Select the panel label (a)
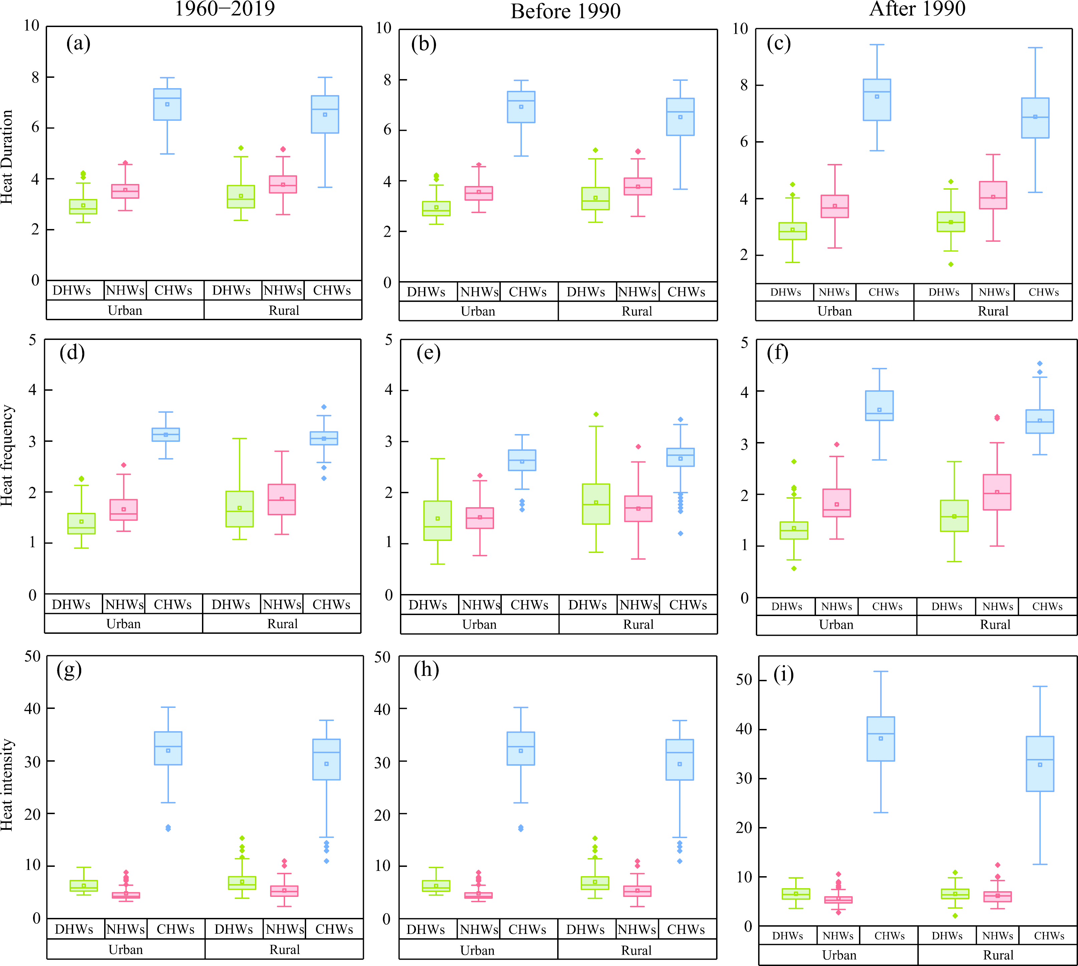[78, 43]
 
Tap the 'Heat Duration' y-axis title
[7, 157]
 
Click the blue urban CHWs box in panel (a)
[167, 105]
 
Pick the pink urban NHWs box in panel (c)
[835, 206]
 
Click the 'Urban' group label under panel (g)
[126, 950]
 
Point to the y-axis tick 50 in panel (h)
[383, 657]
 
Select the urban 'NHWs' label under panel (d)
[124, 605]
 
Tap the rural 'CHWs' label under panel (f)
[1047, 606]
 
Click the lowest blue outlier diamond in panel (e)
[680, 534]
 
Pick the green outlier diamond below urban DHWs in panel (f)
[794, 568]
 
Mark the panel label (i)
[784, 674]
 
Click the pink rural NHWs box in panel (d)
[282, 500]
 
